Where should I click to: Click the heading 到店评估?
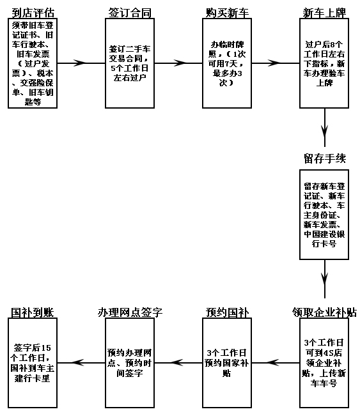pyautogui.click(x=33, y=13)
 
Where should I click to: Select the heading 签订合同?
pyautogui.click(x=130, y=13)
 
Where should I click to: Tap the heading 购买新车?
pyautogui.click(x=227, y=13)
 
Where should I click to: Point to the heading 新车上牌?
pyautogui.click(x=324, y=13)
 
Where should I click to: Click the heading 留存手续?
pyautogui.click(x=325, y=158)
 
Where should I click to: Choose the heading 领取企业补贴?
pyautogui.click(x=324, y=312)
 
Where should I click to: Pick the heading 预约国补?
pyautogui.click(x=227, y=312)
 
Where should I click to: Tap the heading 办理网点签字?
pyautogui.click(x=130, y=312)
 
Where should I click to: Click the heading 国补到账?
pyautogui.click(x=33, y=312)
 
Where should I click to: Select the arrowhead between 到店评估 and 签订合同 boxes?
pyautogui.click(x=79, y=63)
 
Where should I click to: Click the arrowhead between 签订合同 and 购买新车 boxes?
pyautogui.click(x=180, y=63)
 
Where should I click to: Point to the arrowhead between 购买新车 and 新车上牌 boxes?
pyautogui.click(x=274, y=63)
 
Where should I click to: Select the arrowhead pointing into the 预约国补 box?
pyautogui.click(x=273, y=362)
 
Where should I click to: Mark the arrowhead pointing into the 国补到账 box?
pyautogui.click(x=78, y=362)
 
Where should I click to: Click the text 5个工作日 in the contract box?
pyautogui.click(x=130, y=68)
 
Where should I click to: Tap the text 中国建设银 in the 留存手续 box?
pyautogui.click(x=324, y=234)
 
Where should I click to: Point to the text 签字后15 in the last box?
pyautogui.click(x=32, y=348)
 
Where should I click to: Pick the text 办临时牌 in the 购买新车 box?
pyautogui.click(x=227, y=44)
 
